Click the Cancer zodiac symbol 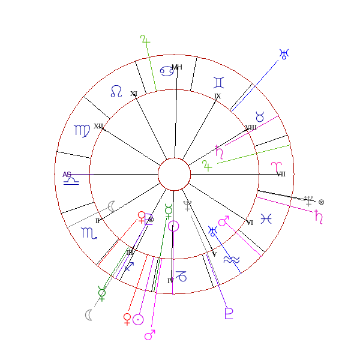coord(167,71)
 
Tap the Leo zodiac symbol coord(116,91)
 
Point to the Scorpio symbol coord(88,233)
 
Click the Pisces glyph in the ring coord(266,220)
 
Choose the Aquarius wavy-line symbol coord(230,259)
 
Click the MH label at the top coord(176,67)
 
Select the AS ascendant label coord(67,175)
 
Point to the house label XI coord(134,94)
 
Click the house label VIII coord(251,127)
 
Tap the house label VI coord(250,223)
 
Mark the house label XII coord(98,126)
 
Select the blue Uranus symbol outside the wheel coord(284,54)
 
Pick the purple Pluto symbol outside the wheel coord(229,313)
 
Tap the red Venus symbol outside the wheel coord(127,318)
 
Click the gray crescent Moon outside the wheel coord(89,315)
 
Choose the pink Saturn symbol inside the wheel coord(220,152)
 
